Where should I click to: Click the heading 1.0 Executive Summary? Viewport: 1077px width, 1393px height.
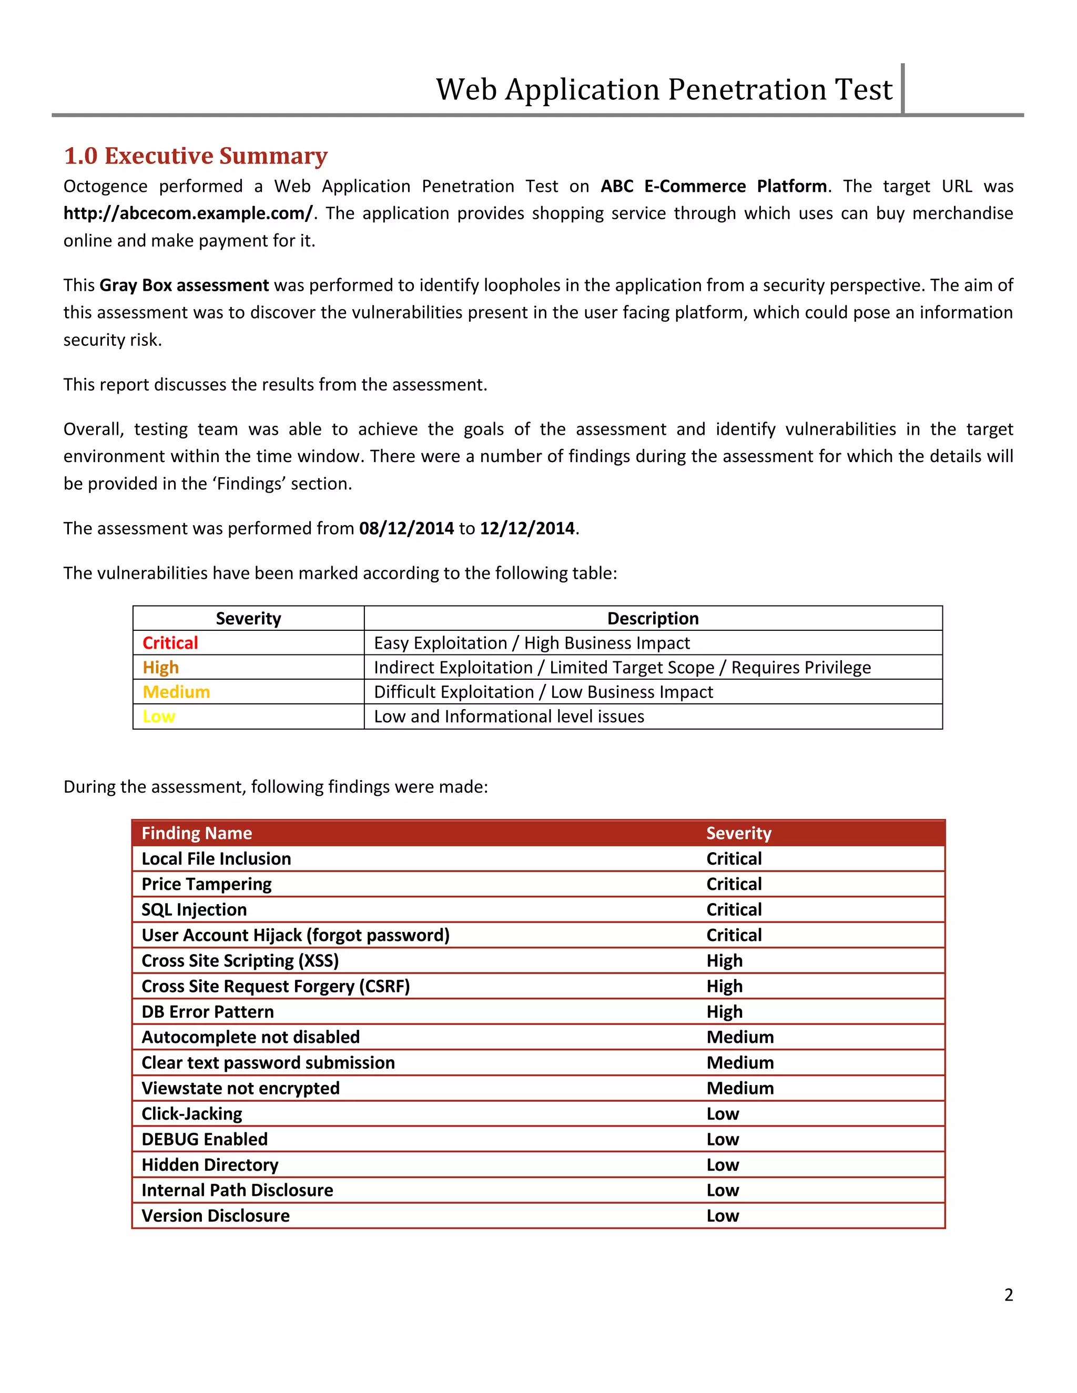point(195,156)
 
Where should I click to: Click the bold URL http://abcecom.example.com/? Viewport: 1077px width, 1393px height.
point(188,213)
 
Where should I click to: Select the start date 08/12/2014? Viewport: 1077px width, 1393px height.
point(407,528)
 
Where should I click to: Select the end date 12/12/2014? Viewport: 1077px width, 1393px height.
point(527,528)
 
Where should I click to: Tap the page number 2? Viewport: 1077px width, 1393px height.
point(1008,1294)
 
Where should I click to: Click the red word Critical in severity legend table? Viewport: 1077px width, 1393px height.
point(170,643)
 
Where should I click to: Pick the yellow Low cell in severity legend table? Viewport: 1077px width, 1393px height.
point(159,717)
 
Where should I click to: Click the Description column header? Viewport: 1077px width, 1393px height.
point(653,619)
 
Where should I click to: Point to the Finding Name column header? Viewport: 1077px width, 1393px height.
point(197,833)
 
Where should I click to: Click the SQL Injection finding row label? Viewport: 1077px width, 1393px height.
point(194,909)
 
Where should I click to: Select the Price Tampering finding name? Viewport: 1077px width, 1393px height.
point(206,884)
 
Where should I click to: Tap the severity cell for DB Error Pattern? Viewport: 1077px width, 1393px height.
point(724,1011)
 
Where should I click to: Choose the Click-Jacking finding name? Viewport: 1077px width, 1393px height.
point(191,1114)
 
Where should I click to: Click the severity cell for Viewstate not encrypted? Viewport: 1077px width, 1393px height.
point(739,1088)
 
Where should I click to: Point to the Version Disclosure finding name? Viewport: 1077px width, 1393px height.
point(215,1216)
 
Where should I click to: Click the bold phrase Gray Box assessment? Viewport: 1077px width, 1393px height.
point(184,285)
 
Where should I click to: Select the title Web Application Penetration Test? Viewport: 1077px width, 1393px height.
point(664,89)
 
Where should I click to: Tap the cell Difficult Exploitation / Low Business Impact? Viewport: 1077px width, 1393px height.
point(543,692)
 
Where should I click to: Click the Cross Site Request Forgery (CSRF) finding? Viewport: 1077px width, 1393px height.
point(275,986)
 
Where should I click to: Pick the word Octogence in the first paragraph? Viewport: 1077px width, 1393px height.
point(105,186)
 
